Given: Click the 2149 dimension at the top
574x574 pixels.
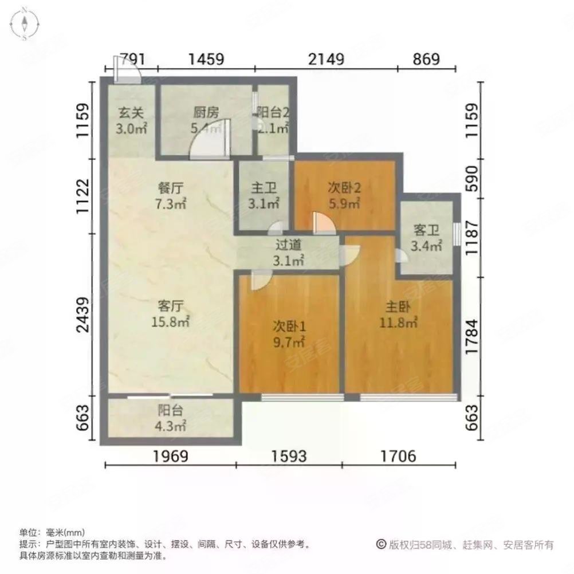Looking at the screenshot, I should (325, 59).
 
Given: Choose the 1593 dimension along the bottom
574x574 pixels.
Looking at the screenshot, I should (289, 456).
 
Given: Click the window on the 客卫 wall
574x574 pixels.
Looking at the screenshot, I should (457, 234).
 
